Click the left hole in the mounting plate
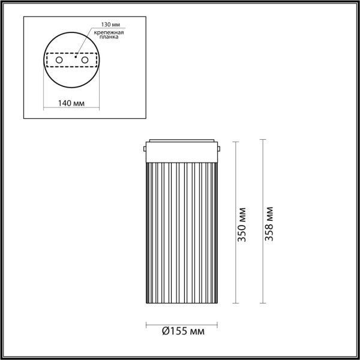59,61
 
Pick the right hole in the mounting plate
85,61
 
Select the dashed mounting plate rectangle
71,61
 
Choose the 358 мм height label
269,223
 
